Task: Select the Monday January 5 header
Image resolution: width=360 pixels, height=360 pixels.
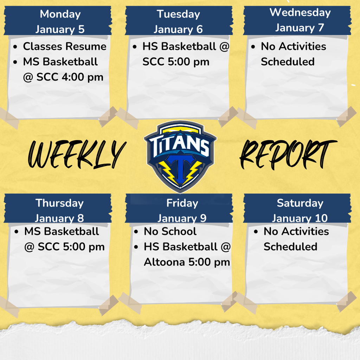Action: point(60,21)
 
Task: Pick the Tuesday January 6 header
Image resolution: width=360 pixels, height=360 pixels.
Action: point(178,21)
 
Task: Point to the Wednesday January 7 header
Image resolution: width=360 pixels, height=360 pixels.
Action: point(300,20)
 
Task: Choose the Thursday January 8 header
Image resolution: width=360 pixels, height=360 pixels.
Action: point(59,210)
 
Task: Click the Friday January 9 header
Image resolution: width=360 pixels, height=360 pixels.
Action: point(182,210)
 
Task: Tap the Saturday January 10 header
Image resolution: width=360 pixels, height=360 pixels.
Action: point(300,210)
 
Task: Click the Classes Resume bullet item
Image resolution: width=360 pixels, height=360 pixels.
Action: point(64,46)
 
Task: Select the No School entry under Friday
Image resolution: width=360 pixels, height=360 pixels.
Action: point(170,231)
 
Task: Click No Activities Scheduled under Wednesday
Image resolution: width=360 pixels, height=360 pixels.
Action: point(293,54)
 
